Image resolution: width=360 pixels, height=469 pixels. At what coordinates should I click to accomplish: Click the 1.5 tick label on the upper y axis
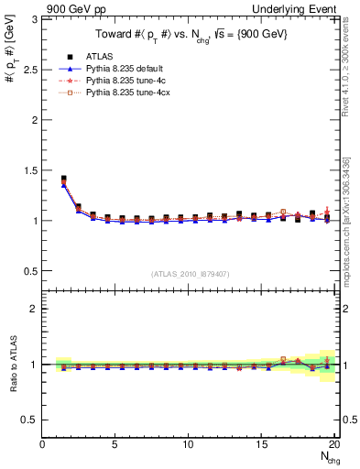click(x=31, y=170)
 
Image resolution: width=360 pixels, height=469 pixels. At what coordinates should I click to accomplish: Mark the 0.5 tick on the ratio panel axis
click(x=31, y=420)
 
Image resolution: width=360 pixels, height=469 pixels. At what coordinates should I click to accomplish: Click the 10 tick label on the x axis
click(x=188, y=444)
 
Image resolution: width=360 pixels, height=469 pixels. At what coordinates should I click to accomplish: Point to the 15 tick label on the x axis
click(x=260, y=444)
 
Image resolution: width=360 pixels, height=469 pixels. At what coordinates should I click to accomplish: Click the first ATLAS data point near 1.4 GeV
click(x=63, y=179)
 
